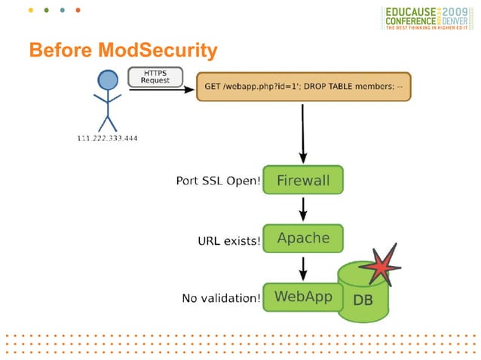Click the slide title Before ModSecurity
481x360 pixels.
click(123, 50)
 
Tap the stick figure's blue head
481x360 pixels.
click(109, 81)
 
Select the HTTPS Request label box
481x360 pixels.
click(155, 76)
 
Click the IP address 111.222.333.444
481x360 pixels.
click(108, 138)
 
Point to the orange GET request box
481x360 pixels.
click(303, 87)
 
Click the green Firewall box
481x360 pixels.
click(302, 181)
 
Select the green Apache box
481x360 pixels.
click(303, 238)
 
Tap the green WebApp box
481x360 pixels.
click(302, 297)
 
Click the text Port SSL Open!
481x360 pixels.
click(218, 182)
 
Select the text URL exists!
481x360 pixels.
click(228, 241)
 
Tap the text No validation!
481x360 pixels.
click(222, 298)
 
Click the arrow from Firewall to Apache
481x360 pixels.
click(302, 209)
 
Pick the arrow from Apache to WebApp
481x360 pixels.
click(302, 267)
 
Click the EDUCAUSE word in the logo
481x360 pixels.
click(413, 13)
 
